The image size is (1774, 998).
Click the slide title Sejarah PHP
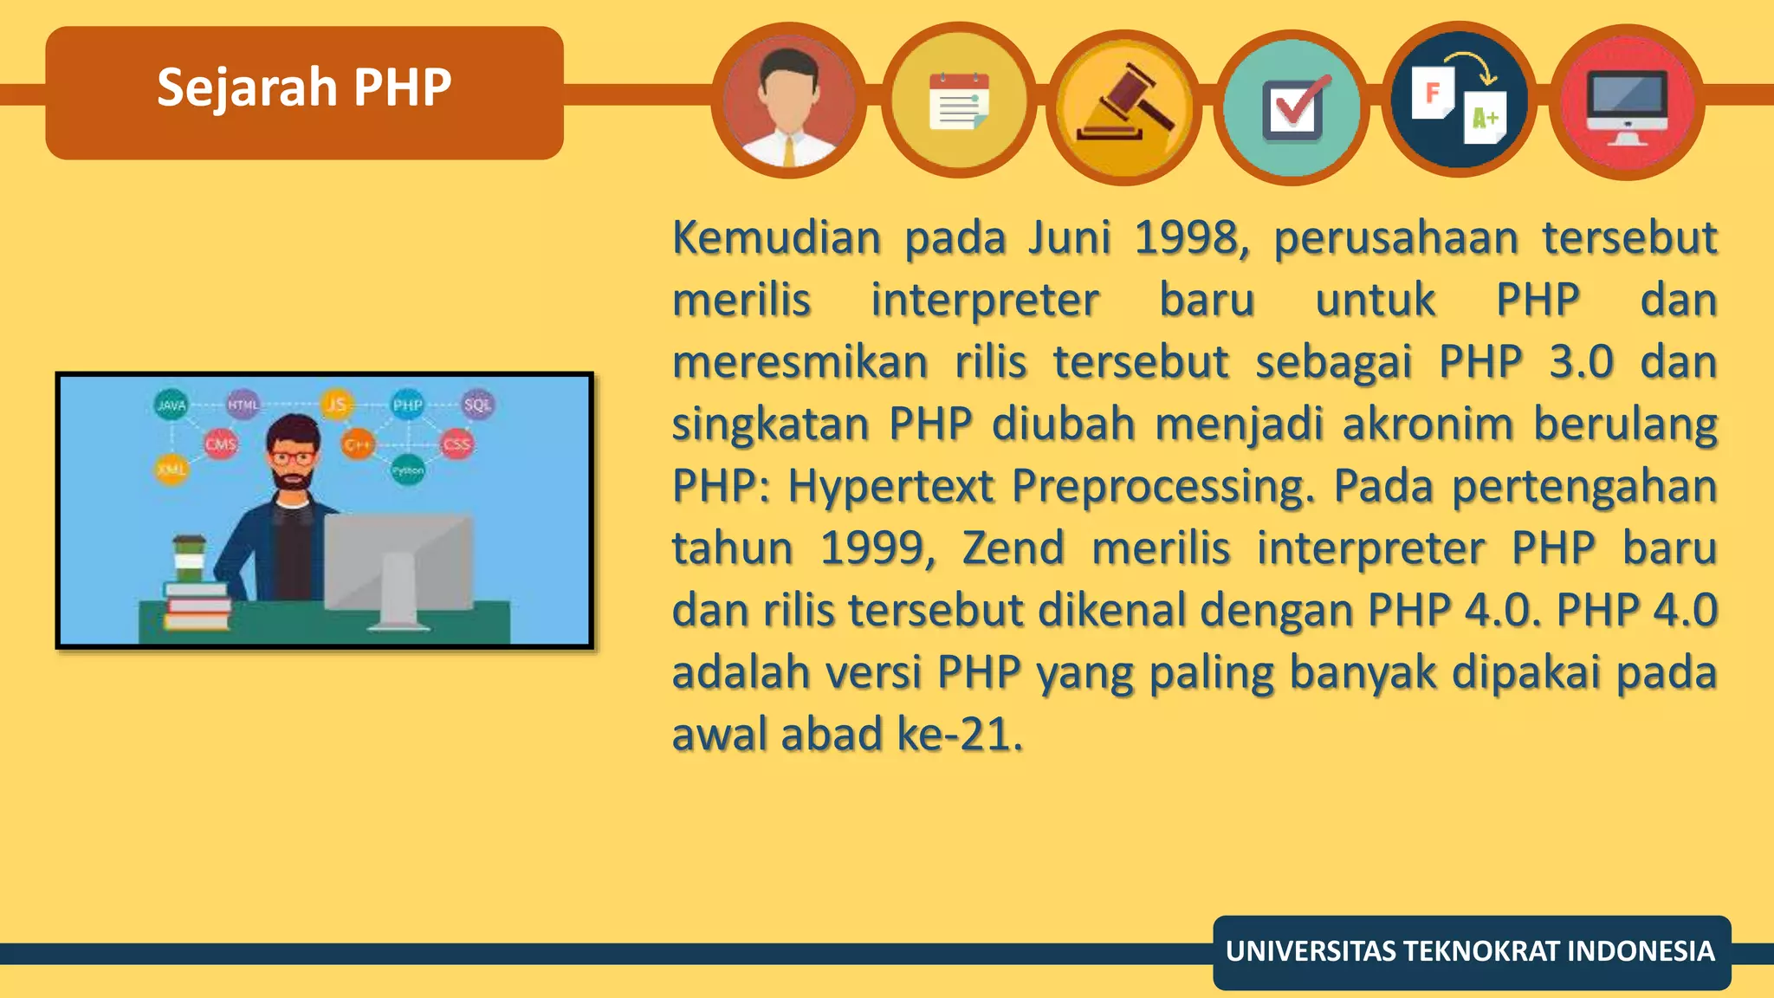click(x=304, y=88)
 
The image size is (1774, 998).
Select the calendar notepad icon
click(x=958, y=102)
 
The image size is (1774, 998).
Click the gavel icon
click(x=1124, y=106)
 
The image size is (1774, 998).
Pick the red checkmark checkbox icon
click(x=1292, y=107)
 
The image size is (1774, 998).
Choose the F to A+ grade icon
click(x=1459, y=100)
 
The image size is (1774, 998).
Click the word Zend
click(x=1013, y=548)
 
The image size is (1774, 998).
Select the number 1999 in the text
click(x=877, y=548)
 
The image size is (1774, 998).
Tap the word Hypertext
click(x=890, y=487)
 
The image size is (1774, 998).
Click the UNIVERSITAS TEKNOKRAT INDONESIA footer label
click(x=1470, y=951)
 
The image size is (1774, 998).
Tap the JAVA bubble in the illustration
click(x=172, y=405)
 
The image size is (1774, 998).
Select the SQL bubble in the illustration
click(x=477, y=405)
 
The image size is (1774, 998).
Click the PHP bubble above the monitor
click(x=407, y=405)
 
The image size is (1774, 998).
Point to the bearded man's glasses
click(x=292, y=457)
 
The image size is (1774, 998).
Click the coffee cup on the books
click(x=189, y=559)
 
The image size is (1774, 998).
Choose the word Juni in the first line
click(x=1070, y=238)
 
